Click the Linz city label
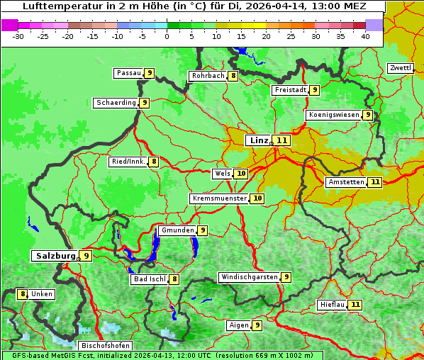pos(258,140)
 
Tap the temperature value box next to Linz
pos(282,140)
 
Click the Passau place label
pos(128,73)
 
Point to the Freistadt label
pos(290,90)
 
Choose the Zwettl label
pos(399,68)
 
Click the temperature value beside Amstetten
pos(375,182)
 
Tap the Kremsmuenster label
pos(219,198)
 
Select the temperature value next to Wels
pos(241,173)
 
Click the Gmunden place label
pos(177,230)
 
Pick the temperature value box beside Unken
pos(23,294)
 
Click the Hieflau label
pos(333,305)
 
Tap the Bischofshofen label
pos(105,346)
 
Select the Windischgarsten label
pos(249,277)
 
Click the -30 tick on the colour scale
pos(18,35)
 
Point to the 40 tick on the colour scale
pos(365,35)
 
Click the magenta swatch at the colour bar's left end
pos(9,24)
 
